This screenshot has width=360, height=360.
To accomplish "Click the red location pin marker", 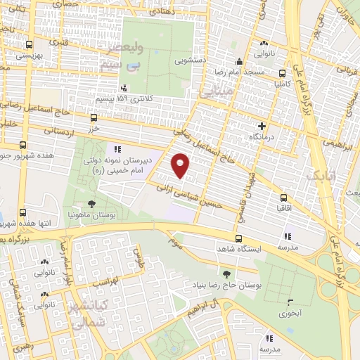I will click(181, 166).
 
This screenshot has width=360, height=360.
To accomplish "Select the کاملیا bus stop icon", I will click(282, 72).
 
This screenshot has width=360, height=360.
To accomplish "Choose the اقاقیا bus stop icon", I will click(283, 198).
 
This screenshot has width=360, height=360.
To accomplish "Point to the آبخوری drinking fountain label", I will click(289, 314).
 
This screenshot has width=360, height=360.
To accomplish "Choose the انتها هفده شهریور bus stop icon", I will click(24, 212).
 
